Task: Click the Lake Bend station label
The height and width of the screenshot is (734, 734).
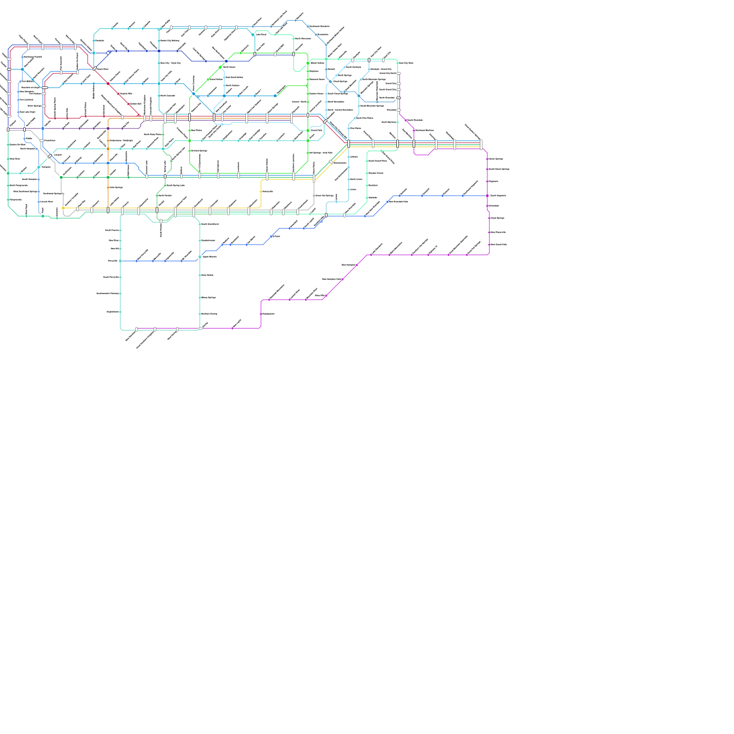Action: [x=261, y=34]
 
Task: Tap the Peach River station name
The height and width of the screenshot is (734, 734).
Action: [x=103, y=69]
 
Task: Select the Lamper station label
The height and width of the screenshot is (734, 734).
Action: [x=58, y=155]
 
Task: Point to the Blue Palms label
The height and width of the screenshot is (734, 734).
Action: [x=196, y=130]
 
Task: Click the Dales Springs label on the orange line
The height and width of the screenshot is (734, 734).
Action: [x=116, y=187]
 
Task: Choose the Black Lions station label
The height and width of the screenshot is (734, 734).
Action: [x=356, y=179]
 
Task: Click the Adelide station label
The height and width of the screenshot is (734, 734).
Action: [x=373, y=198]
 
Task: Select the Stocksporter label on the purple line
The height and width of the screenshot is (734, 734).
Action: [x=268, y=314]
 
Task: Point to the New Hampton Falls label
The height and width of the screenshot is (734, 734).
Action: [x=331, y=279]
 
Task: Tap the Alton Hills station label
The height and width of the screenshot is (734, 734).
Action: [x=320, y=296]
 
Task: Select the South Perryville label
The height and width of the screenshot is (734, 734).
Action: [x=111, y=277]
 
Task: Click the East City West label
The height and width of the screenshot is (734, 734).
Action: [x=406, y=63]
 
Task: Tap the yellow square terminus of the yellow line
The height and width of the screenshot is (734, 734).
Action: [x=63, y=208]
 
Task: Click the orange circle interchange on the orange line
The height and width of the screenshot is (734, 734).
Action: [x=108, y=149]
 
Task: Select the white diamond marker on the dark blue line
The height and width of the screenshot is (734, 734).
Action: [x=108, y=53]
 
